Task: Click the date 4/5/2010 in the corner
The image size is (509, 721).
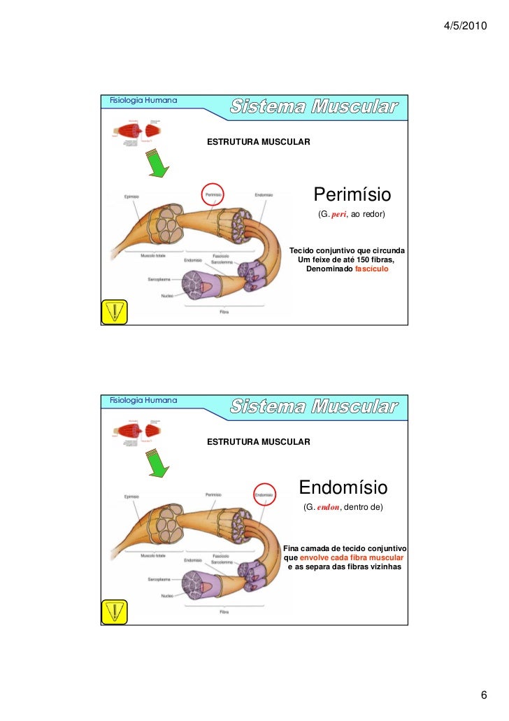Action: click(x=464, y=26)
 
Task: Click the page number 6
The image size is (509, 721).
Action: click(x=483, y=695)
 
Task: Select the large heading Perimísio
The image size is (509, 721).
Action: click(x=352, y=193)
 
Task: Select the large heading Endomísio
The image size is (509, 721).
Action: click(x=343, y=487)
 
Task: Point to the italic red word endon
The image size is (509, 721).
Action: click(x=327, y=507)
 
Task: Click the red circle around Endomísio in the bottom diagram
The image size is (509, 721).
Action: click(x=264, y=494)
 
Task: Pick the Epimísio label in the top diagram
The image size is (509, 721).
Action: click(x=131, y=197)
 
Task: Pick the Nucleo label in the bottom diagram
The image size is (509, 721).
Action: click(x=166, y=596)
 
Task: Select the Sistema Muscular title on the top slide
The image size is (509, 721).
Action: click(x=314, y=108)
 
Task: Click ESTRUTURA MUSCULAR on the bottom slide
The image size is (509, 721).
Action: click(x=258, y=442)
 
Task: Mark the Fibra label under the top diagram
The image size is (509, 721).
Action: click(x=224, y=312)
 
